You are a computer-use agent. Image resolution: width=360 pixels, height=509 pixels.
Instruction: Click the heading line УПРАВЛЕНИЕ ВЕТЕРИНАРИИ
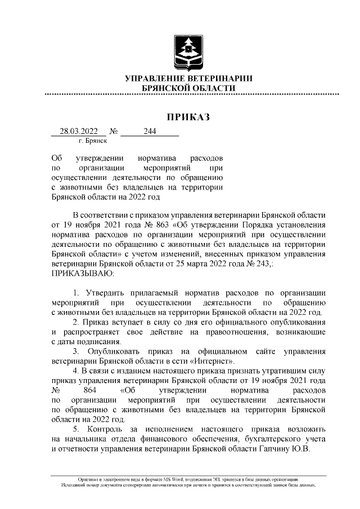[188, 79]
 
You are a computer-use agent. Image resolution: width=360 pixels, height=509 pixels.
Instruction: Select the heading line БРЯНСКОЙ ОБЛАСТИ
[188, 88]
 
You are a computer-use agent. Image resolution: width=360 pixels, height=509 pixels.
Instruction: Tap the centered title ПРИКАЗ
[188, 117]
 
